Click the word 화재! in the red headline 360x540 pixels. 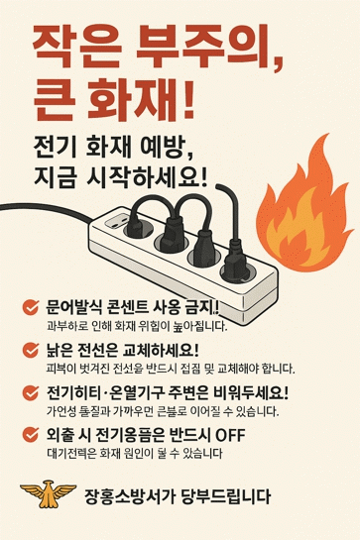(x=140, y=99)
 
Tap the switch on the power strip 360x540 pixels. (x=116, y=220)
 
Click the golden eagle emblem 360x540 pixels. (x=48, y=494)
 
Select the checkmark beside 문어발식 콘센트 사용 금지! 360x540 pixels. (x=31, y=307)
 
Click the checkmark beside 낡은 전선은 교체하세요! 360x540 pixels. (x=31, y=350)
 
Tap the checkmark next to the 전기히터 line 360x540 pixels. (x=31, y=393)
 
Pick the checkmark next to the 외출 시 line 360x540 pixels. (x=31, y=435)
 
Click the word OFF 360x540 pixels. (x=230, y=436)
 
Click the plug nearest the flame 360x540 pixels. (x=235, y=259)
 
